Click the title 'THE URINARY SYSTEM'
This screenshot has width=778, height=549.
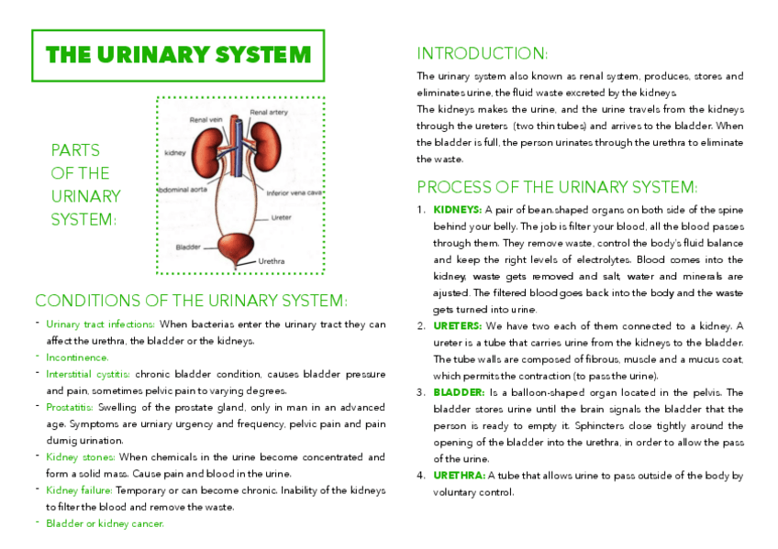click(x=178, y=54)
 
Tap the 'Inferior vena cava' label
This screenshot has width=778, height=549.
click(x=294, y=193)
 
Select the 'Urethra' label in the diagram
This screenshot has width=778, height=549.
click(x=272, y=261)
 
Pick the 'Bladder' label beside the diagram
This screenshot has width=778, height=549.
click(x=190, y=247)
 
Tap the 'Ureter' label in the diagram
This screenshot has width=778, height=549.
click(x=282, y=218)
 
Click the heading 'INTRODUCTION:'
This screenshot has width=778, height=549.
click(x=483, y=53)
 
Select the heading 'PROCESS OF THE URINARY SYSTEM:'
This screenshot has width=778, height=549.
click(x=557, y=187)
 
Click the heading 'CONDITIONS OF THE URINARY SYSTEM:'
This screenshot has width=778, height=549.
click(x=191, y=301)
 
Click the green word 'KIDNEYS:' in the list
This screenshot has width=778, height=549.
click(x=450, y=210)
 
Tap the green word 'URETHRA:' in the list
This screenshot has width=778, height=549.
click(x=459, y=476)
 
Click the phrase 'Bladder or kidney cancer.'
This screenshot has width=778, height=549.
click(x=105, y=523)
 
